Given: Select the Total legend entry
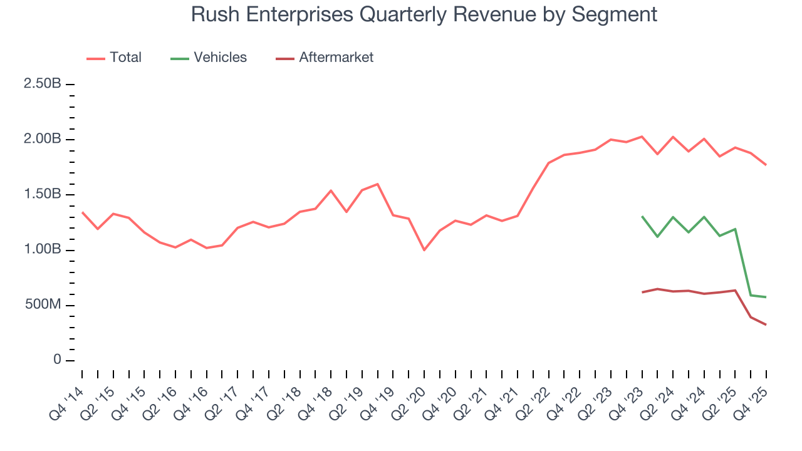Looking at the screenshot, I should pos(125,58).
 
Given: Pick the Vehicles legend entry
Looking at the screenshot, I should pos(220,58).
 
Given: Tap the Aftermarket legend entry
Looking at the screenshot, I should pos(336,58).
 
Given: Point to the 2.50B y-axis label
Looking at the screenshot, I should pos(42,84).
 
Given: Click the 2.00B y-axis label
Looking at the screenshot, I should pos(42,139).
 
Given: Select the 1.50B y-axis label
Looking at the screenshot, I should pos(42,195).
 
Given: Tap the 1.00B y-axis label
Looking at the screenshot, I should pos(42,250).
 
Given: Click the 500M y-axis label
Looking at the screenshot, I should pos(42,305).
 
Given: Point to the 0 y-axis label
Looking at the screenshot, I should pos(57,360).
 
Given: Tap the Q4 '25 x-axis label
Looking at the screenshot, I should pos(752,395).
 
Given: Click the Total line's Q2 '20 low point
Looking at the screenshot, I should pos(424,250).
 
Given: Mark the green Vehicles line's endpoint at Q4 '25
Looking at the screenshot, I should pos(766,297).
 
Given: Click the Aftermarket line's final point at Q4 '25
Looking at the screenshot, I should pos(766,324).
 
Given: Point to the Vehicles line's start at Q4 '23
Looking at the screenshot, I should pos(642,216).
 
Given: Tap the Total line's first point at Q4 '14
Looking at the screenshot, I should pos(82,212).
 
